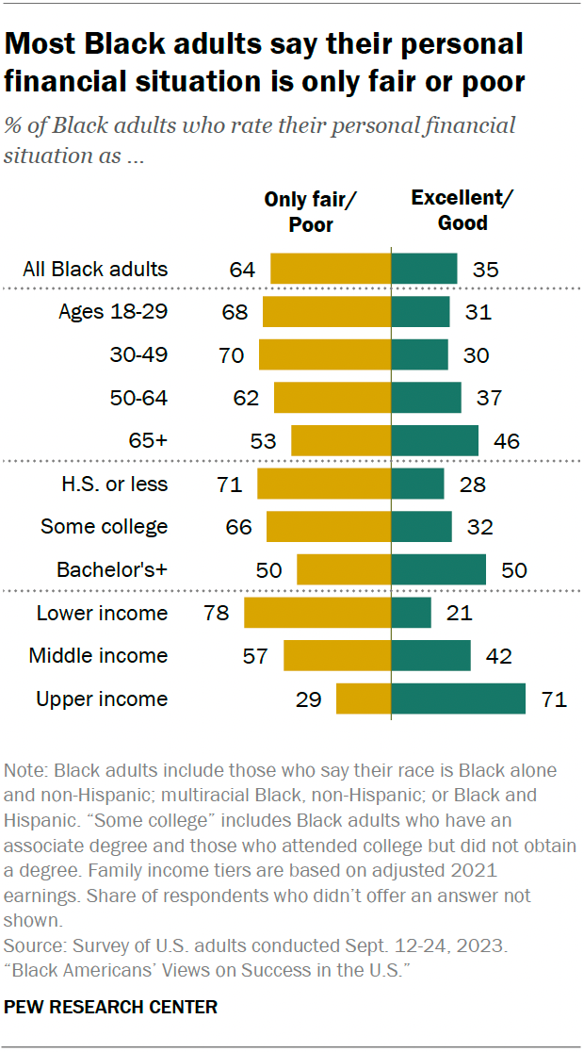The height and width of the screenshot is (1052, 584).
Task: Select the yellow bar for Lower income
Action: click(317, 613)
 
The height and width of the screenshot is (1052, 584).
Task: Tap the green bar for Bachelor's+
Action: click(438, 569)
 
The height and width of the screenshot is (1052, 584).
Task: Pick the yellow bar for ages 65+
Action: click(341, 440)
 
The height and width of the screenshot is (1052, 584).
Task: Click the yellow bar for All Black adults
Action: click(331, 269)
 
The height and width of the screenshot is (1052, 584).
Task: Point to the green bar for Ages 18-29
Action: click(420, 311)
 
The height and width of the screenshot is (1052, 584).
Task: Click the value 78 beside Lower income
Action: click(217, 613)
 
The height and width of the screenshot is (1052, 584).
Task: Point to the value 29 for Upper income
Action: click(309, 699)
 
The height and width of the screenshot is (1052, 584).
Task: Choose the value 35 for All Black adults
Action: click(485, 269)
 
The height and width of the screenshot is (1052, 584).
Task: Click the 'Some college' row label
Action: click(104, 526)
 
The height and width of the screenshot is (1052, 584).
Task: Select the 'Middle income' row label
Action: click(98, 655)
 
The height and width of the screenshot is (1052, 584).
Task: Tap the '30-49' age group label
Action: click(138, 354)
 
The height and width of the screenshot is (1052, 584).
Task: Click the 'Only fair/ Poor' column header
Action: click(311, 211)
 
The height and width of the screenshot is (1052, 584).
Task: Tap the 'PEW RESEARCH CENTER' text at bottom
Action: click(111, 1007)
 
